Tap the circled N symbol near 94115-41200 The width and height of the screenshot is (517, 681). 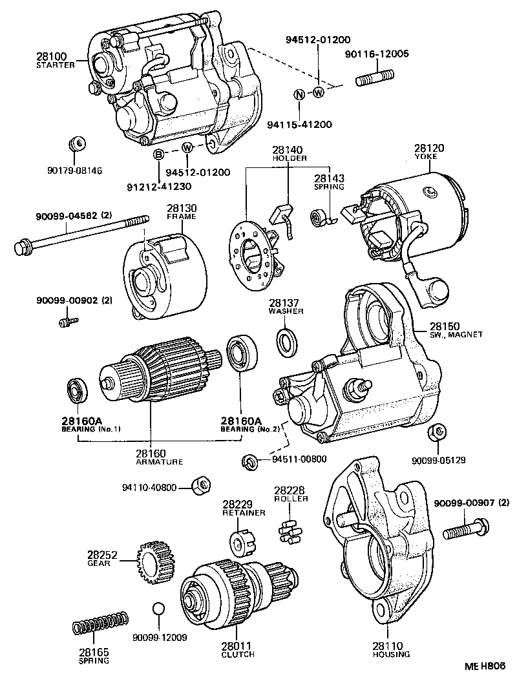[299, 94]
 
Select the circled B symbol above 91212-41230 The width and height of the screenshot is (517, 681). [158, 154]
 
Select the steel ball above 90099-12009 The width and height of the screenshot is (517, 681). [160, 609]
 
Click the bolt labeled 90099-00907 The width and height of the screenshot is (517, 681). [464, 532]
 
